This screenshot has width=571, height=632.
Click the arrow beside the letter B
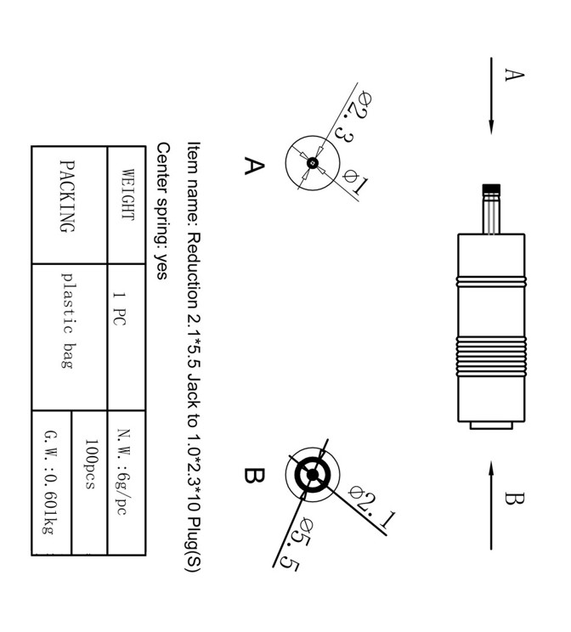click(491, 505)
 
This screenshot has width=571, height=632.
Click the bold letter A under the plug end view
click(253, 165)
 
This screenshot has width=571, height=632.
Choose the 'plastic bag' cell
click(69, 319)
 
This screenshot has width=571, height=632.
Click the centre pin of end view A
click(313, 162)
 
